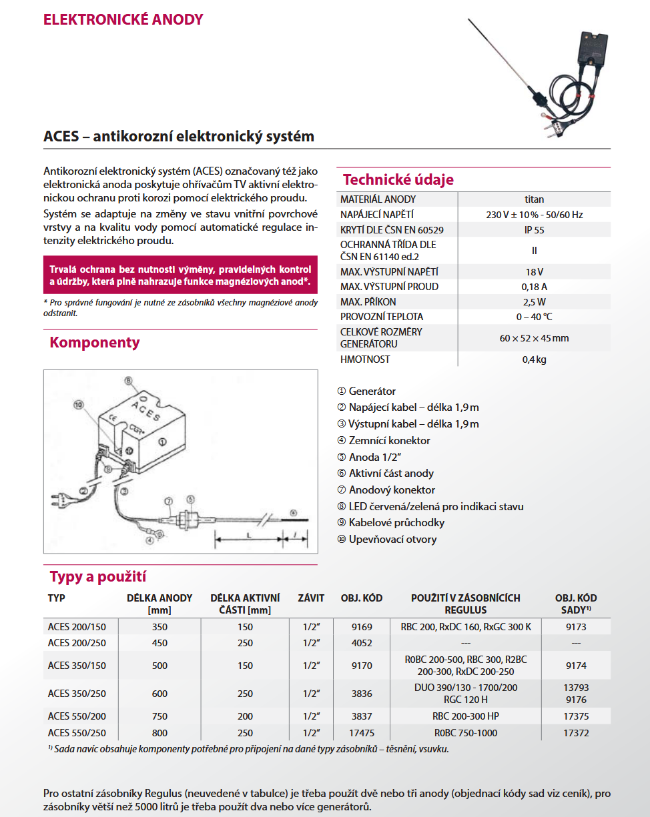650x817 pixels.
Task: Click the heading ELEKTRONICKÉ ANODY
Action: [x=123, y=19]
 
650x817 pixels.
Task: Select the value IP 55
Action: [x=534, y=230]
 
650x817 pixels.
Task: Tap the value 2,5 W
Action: [x=534, y=301]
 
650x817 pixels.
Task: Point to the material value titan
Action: [x=534, y=199]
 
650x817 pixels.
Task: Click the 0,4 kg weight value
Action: [x=534, y=359]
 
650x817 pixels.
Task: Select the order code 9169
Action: [x=361, y=627]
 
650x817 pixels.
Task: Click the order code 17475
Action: [x=361, y=733]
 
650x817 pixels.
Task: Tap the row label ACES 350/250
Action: [x=77, y=694]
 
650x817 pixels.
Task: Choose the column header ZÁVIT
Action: [x=311, y=598]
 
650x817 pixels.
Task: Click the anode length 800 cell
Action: [x=159, y=733]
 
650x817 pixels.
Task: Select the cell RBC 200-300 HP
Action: [x=465, y=716]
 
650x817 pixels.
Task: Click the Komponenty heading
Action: [x=95, y=343]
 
